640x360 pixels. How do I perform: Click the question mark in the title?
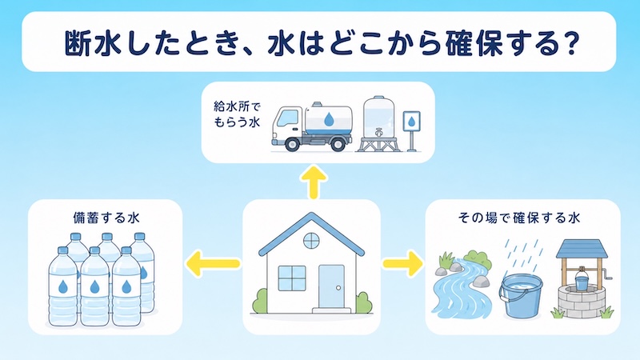[566, 42]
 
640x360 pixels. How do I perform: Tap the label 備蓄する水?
[106, 218]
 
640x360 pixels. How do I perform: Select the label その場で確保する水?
[519, 218]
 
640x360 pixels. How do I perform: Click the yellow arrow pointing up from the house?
[314, 182]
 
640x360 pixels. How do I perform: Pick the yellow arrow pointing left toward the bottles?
[213, 264]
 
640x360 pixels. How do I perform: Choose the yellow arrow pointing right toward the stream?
[403, 263]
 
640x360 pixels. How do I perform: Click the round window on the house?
[311, 241]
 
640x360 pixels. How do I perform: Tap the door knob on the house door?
[338, 288]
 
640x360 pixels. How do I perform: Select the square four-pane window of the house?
[292, 278]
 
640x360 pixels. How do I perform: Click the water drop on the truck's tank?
[329, 119]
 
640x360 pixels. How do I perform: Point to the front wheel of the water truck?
[291, 144]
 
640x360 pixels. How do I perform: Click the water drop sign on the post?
[411, 122]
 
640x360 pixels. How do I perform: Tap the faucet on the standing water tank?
[379, 133]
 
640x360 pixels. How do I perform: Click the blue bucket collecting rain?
[522, 296]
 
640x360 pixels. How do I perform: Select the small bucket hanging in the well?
[582, 281]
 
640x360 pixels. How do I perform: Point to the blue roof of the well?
[582, 249]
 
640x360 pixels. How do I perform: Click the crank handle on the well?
[606, 274]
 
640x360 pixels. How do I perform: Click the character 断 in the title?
[78, 42]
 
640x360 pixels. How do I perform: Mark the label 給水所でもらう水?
[237, 114]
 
